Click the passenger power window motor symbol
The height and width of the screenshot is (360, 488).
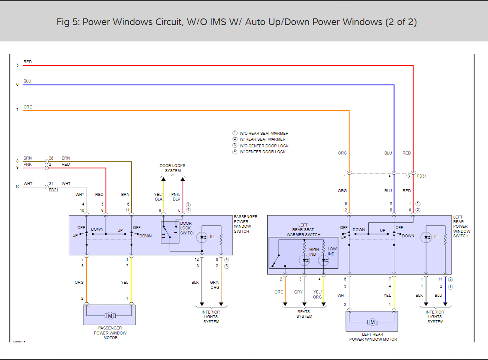click(110, 316)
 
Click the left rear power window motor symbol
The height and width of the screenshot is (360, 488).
click(372, 322)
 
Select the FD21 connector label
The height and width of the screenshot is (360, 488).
click(54, 190)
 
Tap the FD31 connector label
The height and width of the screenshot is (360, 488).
click(422, 176)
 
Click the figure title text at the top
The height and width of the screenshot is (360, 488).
click(237, 22)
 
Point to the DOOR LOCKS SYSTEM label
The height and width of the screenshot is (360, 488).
click(173, 168)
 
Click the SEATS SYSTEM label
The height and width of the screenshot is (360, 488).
click(304, 314)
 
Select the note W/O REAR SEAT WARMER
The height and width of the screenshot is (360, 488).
click(264, 133)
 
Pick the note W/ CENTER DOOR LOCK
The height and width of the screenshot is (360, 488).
click(262, 152)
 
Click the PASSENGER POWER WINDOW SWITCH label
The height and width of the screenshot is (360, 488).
click(245, 224)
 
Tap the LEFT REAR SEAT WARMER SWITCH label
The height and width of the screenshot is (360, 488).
click(303, 230)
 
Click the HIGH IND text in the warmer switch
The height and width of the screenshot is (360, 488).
click(314, 252)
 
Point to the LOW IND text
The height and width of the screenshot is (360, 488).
click(332, 252)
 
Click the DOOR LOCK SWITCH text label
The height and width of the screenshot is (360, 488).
click(188, 228)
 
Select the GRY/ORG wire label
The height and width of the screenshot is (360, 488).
click(215, 285)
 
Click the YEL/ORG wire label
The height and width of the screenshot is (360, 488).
click(318, 294)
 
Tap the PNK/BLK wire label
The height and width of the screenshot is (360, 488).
click(176, 197)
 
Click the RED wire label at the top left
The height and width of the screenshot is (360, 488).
click(28, 62)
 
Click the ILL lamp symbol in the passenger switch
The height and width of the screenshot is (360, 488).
click(202, 237)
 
